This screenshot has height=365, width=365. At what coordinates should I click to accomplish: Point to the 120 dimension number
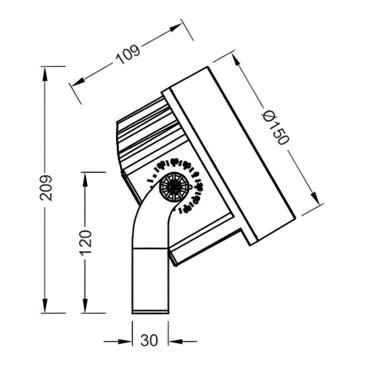point(86,243)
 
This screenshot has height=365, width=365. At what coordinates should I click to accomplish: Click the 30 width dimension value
point(149,341)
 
